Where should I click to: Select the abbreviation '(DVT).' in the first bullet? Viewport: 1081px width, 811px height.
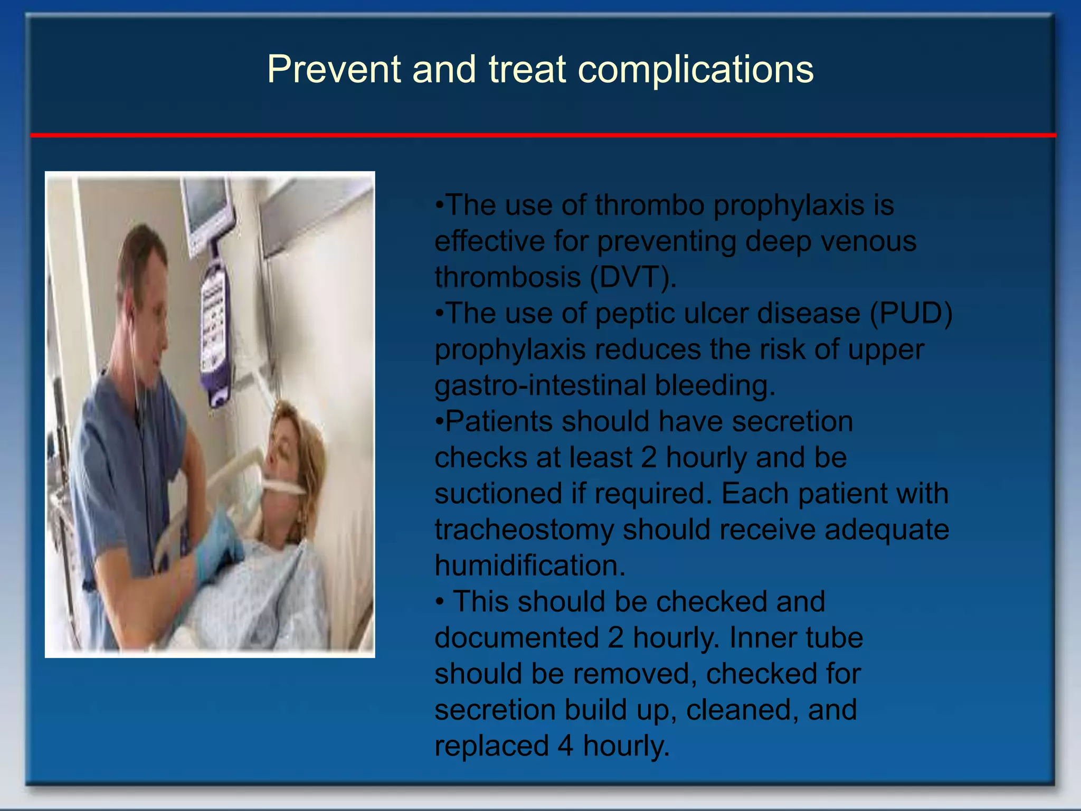pyautogui.click(x=633, y=277)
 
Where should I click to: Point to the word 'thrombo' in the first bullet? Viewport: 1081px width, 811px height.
pyautogui.click(x=650, y=205)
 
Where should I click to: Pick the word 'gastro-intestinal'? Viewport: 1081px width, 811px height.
pyautogui.click(x=540, y=385)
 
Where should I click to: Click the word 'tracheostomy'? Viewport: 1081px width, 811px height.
pyautogui.click(x=524, y=530)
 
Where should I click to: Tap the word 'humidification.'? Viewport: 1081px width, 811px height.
pyautogui.click(x=530, y=565)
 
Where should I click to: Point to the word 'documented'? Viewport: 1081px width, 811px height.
pyautogui.click(x=517, y=638)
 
